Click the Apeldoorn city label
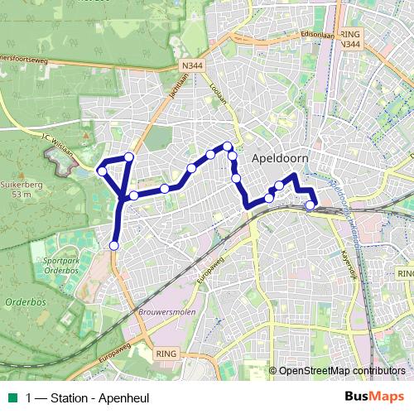tap(280, 156)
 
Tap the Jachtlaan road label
tap(199, 83)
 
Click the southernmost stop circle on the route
tap(113, 245)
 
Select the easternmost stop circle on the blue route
tap(310, 205)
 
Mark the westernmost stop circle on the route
tap(102, 171)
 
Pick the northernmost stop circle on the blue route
tap(227, 147)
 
